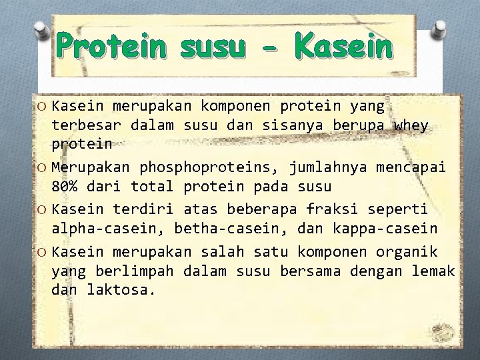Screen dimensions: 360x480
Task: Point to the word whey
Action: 411,125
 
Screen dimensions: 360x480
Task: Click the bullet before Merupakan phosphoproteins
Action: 42,167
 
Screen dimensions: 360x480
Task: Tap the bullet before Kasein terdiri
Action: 42,209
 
